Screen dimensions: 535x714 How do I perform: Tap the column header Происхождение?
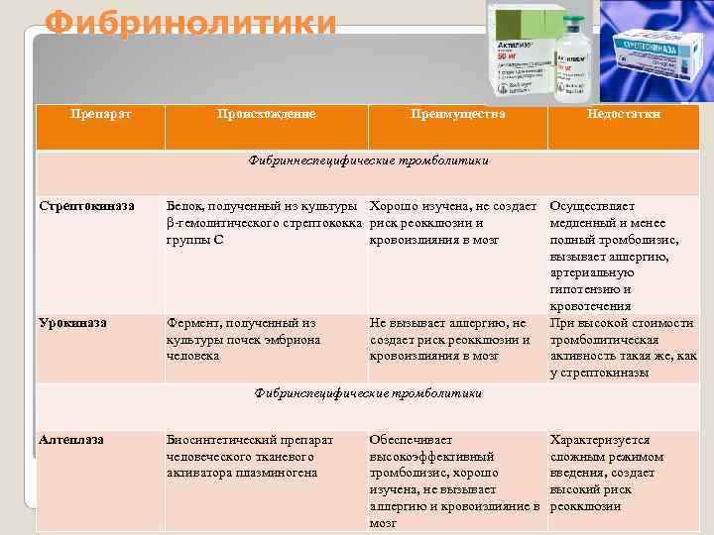267,114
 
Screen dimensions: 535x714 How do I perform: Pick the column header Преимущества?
457,114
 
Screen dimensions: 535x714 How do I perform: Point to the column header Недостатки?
624,114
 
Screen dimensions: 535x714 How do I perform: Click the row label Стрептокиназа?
85,206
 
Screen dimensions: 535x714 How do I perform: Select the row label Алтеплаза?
72,438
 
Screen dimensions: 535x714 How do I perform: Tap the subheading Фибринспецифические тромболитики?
368,393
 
